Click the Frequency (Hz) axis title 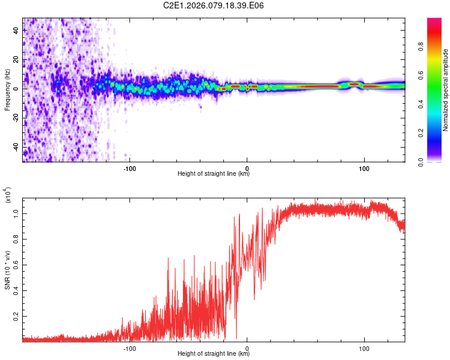pos(7,90)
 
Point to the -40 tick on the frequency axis pos(15,146)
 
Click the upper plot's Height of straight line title pos(214,174)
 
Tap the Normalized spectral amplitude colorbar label pos(445,90)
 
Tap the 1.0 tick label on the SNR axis pos(15,213)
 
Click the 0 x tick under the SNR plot pos(247,347)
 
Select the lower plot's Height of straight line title pos(214,354)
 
